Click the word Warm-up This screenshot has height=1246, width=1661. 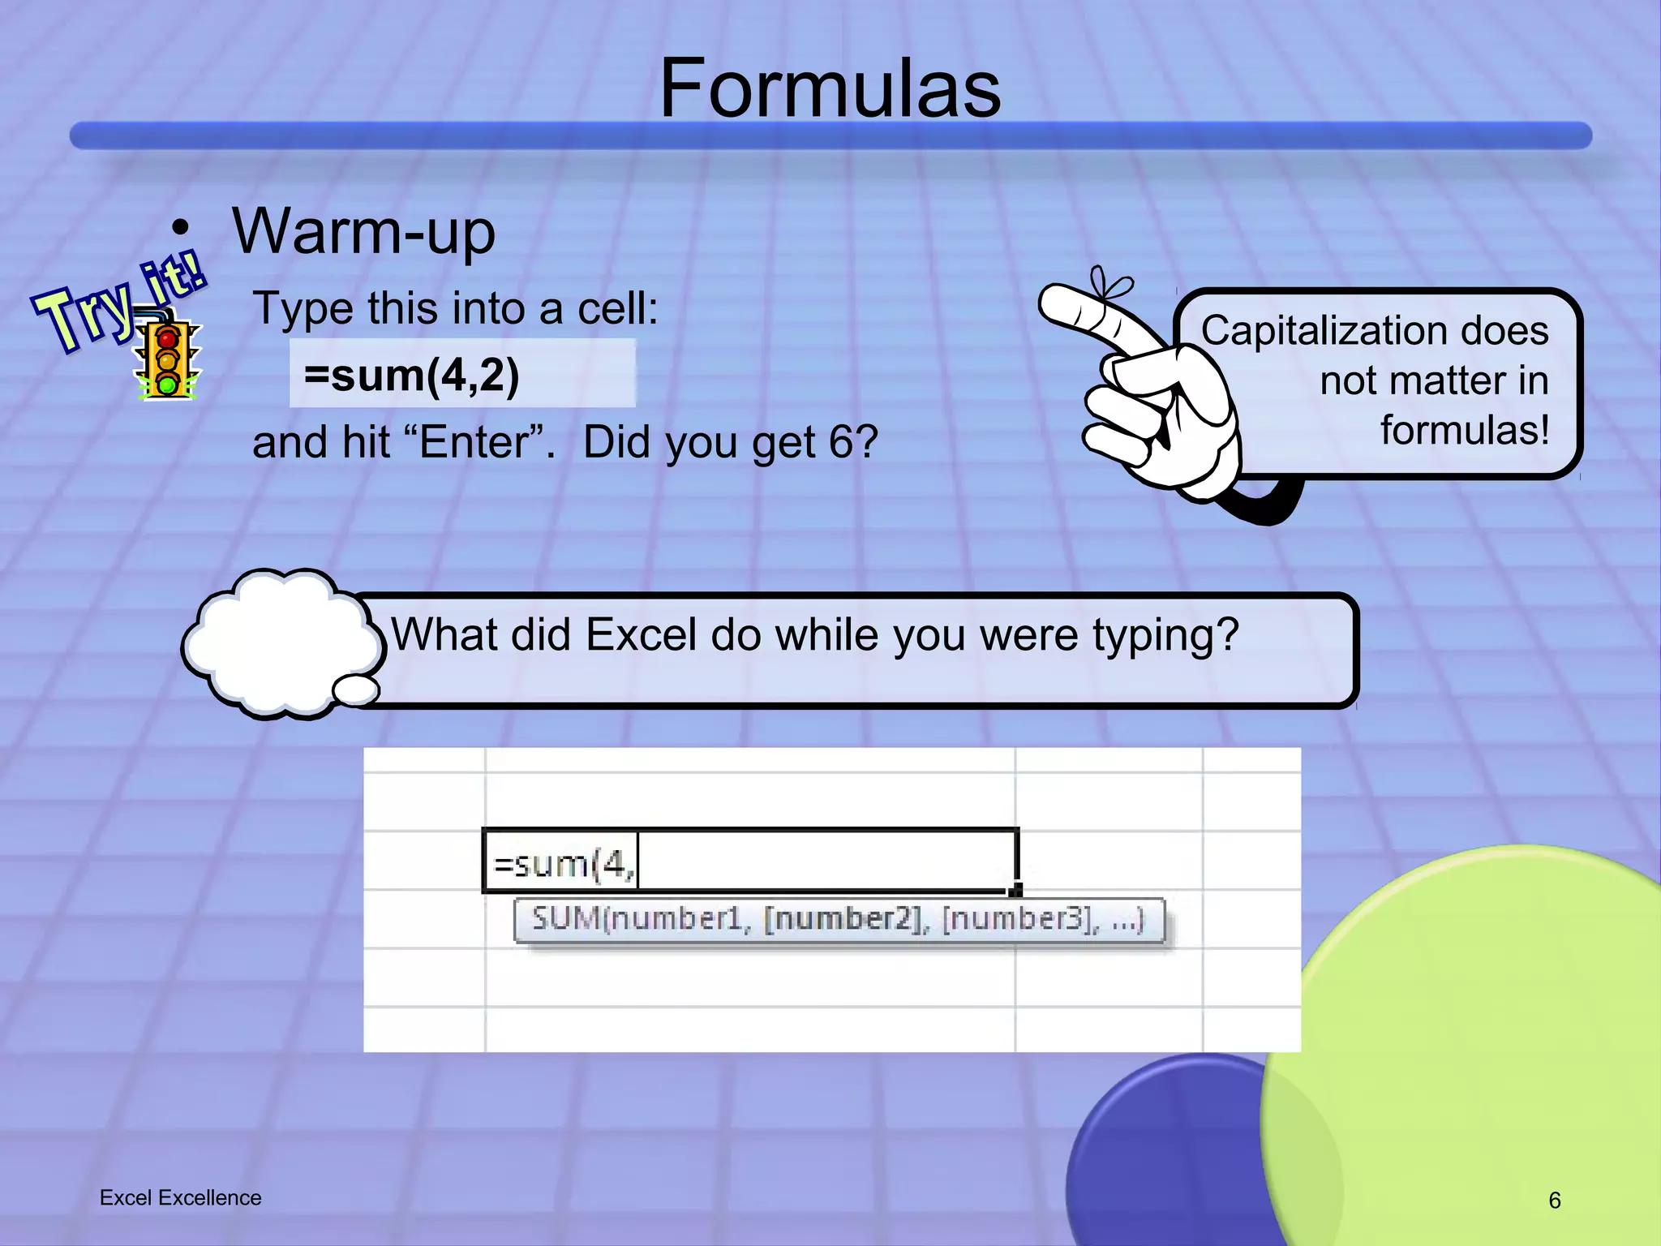(363, 232)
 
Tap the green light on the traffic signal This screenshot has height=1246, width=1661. (168, 384)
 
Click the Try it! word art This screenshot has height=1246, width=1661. (118, 307)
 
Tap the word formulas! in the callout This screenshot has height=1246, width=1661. (1464, 430)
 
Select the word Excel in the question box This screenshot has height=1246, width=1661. (641, 634)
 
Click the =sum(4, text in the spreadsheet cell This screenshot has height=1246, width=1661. (563, 865)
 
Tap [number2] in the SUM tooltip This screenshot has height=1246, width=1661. (844, 919)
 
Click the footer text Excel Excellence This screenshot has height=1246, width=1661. (180, 1198)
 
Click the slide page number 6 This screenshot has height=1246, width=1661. (1554, 1201)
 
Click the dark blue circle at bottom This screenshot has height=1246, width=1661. (1168, 1160)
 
